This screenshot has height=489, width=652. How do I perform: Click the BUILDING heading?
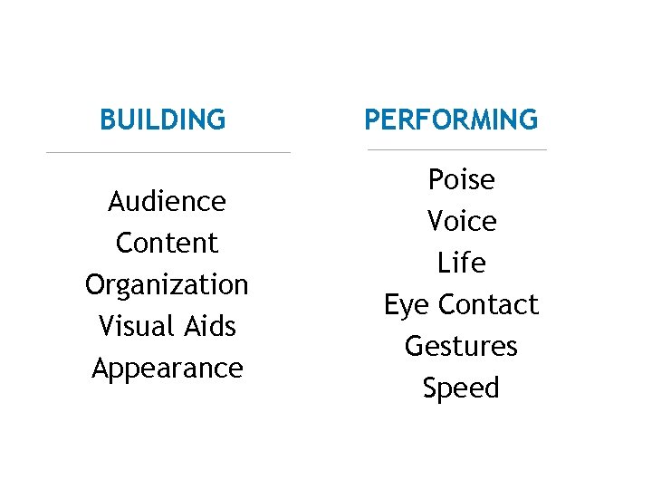(x=163, y=119)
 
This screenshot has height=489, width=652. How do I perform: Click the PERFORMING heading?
(x=451, y=119)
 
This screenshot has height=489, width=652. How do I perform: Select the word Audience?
(x=167, y=201)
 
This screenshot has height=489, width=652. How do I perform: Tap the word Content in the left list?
(x=168, y=243)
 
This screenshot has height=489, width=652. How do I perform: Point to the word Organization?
(x=167, y=285)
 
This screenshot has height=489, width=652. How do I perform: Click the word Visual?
(x=132, y=326)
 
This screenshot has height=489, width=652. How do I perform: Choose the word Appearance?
(x=168, y=369)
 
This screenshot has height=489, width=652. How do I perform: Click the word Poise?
(x=461, y=179)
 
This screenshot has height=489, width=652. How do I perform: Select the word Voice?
(x=461, y=221)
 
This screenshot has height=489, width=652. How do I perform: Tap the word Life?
(x=461, y=263)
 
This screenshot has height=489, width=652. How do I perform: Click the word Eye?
(x=407, y=305)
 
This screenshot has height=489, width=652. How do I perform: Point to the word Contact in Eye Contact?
(x=488, y=304)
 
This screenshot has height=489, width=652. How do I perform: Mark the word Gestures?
(x=461, y=346)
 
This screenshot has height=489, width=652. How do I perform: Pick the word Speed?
(x=461, y=388)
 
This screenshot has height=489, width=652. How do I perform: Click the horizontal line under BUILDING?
(x=168, y=152)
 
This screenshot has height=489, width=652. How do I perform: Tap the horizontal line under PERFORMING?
(x=457, y=149)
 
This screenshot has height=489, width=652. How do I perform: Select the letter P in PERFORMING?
(x=372, y=119)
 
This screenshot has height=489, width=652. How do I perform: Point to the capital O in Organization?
(x=96, y=284)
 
